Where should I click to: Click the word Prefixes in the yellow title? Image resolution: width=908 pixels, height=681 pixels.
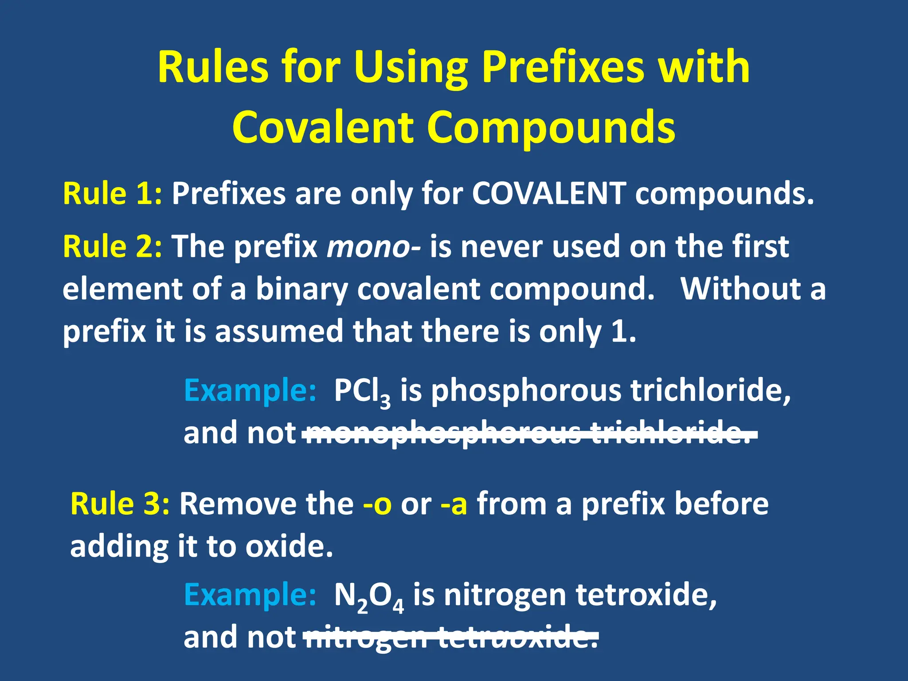(x=563, y=67)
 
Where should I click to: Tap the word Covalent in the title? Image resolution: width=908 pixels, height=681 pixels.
(x=324, y=127)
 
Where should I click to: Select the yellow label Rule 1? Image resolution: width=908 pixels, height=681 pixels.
(x=113, y=194)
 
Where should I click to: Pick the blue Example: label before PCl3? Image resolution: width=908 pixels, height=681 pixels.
(x=250, y=391)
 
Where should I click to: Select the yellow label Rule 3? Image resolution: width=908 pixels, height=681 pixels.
(x=120, y=504)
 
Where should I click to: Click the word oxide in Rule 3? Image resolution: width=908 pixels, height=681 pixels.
(x=288, y=547)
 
